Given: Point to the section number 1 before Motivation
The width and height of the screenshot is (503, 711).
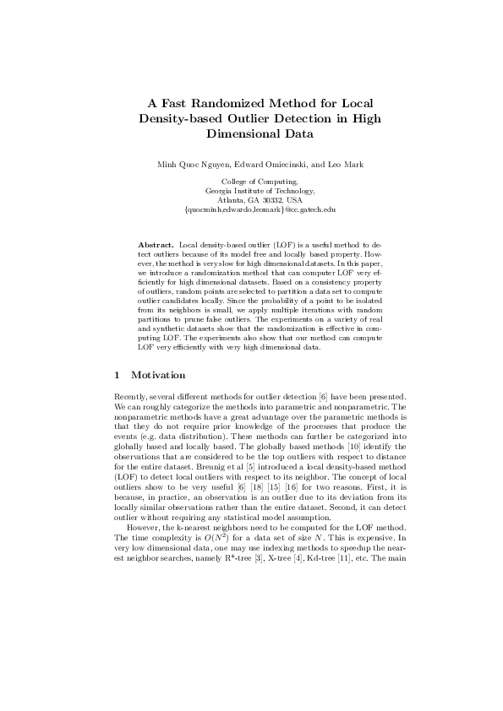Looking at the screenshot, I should click(x=117, y=374).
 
